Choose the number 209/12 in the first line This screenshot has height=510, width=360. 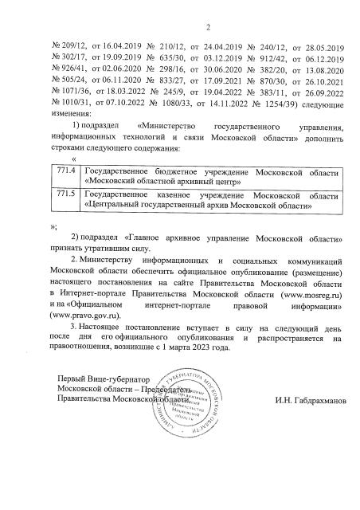tap(66, 46)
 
